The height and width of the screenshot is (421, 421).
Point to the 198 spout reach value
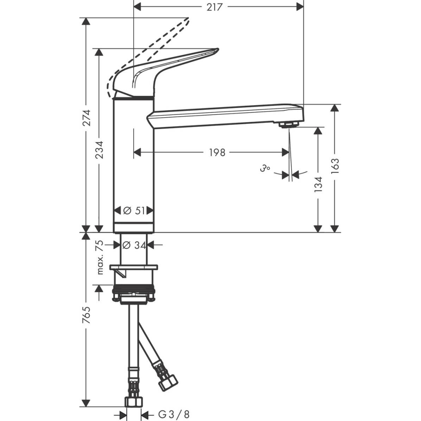(x=217, y=153)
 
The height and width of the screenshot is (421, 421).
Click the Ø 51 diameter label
(x=134, y=210)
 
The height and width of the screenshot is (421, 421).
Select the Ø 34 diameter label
(x=134, y=245)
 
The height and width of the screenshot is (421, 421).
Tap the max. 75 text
(x=99, y=258)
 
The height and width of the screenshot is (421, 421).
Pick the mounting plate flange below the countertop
(x=134, y=268)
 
